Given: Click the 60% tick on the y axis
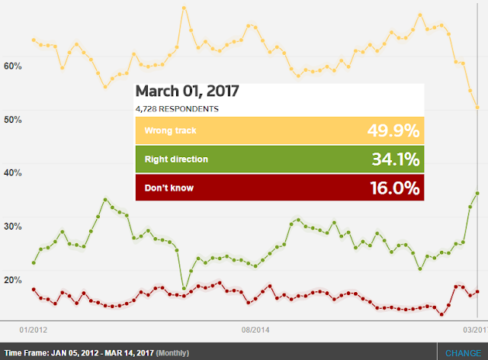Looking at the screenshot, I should click(12, 66).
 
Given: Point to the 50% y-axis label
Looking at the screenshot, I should click(12, 119).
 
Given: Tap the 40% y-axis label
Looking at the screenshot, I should click(12, 172).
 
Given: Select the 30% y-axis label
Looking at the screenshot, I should click(12, 226).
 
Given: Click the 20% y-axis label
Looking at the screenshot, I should click(12, 279).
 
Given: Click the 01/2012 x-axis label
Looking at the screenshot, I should click(34, 329).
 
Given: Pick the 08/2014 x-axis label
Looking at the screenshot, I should click(255, 329).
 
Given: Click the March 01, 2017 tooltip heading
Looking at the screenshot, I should click(187, 91).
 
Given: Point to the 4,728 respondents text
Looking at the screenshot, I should click(178, 108).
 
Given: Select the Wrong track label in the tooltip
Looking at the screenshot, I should click(170, 130).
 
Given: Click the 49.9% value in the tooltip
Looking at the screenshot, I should click(393, 130).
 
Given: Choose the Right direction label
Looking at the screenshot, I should click(176, 159).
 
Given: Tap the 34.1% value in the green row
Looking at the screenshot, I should click(394, 159).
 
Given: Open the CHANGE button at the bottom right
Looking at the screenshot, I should click(463, 353).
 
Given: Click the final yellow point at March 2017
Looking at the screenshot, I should click(477, 108).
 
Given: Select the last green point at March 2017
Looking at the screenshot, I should click(477, 193).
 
